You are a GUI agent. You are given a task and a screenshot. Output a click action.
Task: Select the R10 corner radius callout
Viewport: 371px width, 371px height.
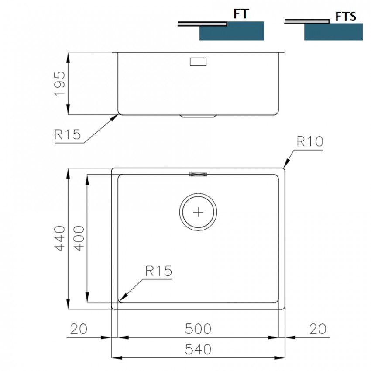(x=309, y=141)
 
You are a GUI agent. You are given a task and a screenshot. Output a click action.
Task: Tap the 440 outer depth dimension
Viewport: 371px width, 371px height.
(x=60, y=238)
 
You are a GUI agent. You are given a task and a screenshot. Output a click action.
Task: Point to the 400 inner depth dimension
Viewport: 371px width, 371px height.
(x=79, y=238)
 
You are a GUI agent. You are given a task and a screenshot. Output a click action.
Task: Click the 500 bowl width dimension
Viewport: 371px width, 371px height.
(x=198, y=328)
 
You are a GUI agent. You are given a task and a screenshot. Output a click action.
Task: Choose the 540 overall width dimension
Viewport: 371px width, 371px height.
(x=198, y=349)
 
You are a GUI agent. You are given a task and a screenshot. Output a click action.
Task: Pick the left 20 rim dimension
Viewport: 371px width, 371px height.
(x=79, y=328)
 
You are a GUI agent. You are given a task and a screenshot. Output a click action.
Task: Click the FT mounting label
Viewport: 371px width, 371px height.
(x=240, y=14)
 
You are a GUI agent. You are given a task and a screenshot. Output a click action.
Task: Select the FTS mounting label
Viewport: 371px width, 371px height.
(x=346, y=17)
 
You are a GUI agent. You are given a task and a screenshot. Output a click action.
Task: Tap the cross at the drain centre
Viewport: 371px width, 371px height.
(x=198, y=212)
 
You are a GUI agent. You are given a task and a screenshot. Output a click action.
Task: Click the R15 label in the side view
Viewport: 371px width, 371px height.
(x=68, y=134)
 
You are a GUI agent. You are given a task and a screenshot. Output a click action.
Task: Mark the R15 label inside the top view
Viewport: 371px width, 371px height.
(x=158, y=271)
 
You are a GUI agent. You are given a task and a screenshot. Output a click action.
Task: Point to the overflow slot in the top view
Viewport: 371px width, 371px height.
(x=198, y=174)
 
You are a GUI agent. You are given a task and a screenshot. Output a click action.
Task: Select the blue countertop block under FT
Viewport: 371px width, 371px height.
(x=232, y=31)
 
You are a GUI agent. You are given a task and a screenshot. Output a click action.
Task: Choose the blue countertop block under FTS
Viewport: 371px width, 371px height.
(x=333, y=32)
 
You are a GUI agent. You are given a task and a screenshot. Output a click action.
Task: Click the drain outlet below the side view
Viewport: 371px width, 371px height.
(x=198, y=117)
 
